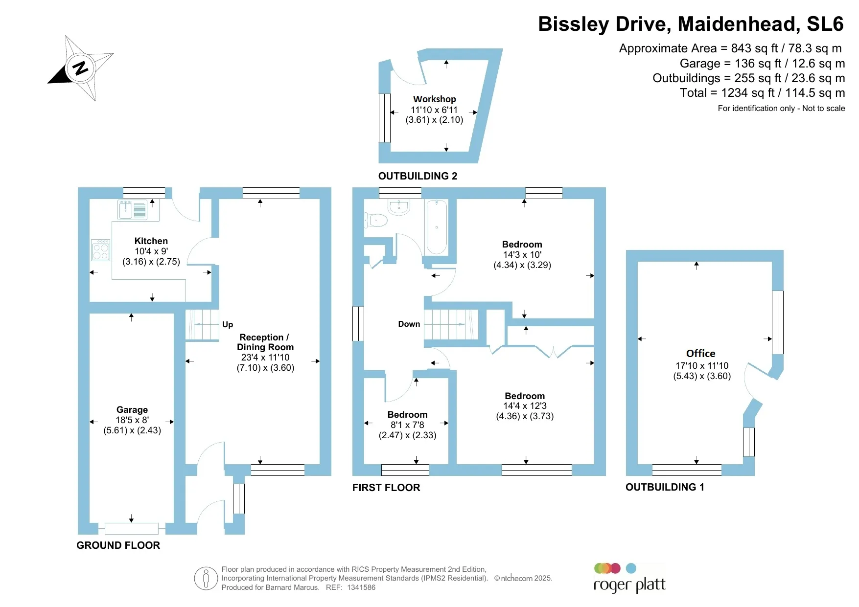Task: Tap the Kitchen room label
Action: (x=151, y=241)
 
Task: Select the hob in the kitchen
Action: (x=101, y=250)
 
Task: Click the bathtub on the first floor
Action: (x=437, y=227)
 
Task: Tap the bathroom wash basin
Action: (x=399, y=207)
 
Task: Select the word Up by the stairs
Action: (x=228, y=324)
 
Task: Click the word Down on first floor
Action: (x=409, y=324)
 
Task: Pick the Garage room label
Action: (x=132, y=409)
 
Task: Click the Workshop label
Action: (x=434, y=99)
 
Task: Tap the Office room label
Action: (x=700, y=353)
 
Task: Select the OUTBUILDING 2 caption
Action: (x=418, y=176)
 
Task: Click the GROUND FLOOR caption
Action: (x=118, y=545)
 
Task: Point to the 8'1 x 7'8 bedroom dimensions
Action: (x=407, y=425)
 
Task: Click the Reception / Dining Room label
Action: (x=265, y=342)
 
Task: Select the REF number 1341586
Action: (x=361, y=587)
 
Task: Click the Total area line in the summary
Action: (x=762, y=93)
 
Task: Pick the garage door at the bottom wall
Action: (x=132, y=528)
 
